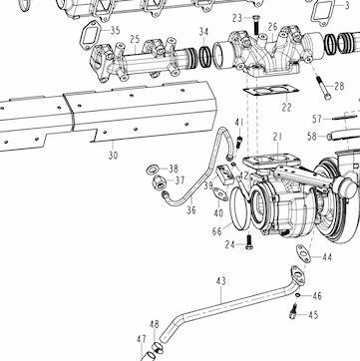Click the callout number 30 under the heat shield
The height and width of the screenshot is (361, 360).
113,156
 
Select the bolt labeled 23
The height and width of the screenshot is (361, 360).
256,25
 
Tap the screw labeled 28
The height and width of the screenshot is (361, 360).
324,88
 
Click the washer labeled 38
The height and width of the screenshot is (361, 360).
153,170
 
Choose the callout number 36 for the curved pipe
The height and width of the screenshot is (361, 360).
191,210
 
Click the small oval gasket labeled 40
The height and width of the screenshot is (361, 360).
220,194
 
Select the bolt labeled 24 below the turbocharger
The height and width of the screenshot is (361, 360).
248,242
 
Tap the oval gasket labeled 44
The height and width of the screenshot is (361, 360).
303,253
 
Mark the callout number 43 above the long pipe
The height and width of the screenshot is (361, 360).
220,281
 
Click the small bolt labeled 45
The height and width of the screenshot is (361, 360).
293,311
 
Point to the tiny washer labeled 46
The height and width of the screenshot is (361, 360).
298,295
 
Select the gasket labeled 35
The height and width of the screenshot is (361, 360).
89,35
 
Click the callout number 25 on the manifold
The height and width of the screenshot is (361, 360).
135,39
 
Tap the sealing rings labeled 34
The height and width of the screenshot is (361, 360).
205,57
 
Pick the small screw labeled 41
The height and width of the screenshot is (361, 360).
239,142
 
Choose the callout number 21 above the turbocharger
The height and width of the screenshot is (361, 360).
277,137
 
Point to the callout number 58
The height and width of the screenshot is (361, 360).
312,137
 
